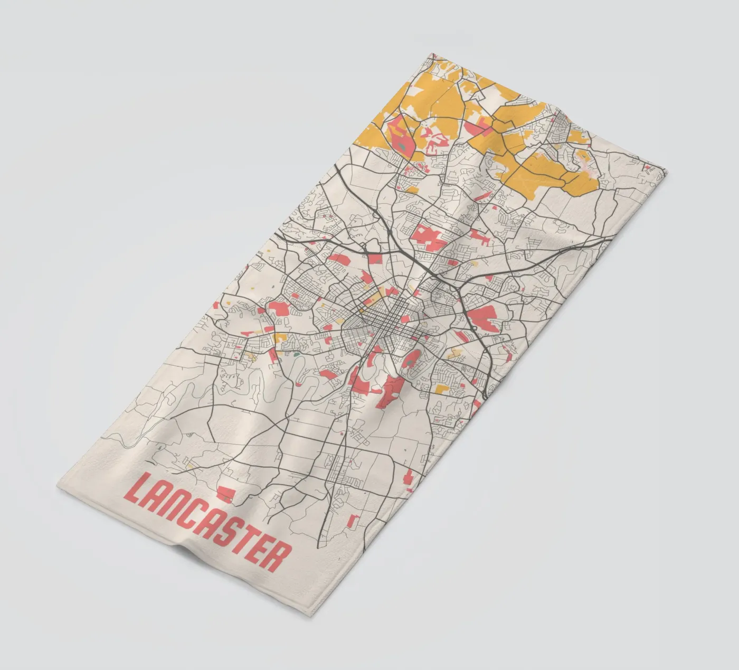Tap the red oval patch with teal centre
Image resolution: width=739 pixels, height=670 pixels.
411,360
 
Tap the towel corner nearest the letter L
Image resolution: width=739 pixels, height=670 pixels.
58,486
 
